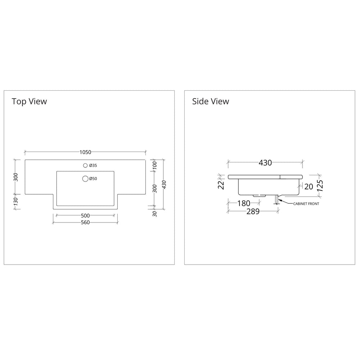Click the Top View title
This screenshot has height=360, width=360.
(29, 101)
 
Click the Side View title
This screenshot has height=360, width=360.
(210, 101)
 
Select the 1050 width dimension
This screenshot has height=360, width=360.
(85, 152)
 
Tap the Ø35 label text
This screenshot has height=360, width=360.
(93, 165)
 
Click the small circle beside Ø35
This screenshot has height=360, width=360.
(85, 165)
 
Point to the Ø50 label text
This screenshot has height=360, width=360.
(93, 179)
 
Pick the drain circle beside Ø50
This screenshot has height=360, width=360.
(85, 179)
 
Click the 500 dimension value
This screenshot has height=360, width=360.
(85, 216)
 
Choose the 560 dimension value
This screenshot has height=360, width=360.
(85, 222)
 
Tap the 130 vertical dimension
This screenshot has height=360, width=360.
(15, 202)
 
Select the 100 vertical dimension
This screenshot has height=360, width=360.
(155, 166)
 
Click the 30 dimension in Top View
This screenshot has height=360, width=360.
(155, 214)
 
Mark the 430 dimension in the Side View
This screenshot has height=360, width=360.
(265, 163)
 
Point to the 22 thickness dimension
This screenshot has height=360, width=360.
(221, 185)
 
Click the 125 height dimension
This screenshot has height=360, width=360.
(320, 186)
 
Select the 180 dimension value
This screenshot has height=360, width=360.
(244, 203)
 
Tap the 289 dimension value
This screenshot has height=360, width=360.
(253, 211)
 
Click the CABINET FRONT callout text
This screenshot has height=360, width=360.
(306, 204)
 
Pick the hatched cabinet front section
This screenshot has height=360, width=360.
(276, 199)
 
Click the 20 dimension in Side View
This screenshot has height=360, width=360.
(309, 186)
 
